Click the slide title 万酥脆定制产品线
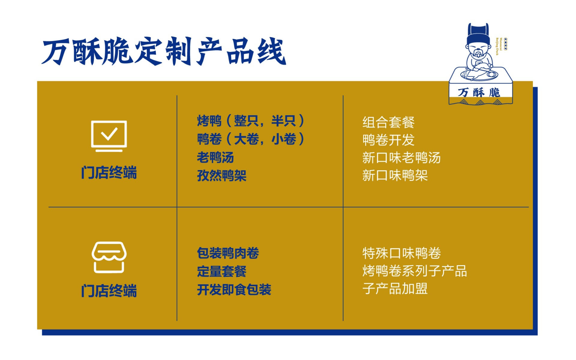pyautogui.click(x=164, y=52)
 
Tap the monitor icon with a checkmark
pyautogui.click(x=109, y=136)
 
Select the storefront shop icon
pyautogui.click(x=109, y=257)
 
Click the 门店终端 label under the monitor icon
pyautogui.click(x=109, y=173)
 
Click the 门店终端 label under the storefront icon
pyautogui.click(x=109, y=291)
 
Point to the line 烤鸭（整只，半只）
pyautogui.click(x=251, y=121)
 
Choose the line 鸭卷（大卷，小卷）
pyautogui.click(x=251, y=139)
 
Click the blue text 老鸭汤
pyautogui.click(x=215, y=157)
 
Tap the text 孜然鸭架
pyautogui.click(x=222, y=176)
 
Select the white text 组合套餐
pyautogui.click(x=388, y=122)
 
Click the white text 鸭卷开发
pyautogui.click(x=388, y=140)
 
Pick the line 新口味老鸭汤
pyautogui.click(x=401, y=158)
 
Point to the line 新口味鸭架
pyautogui.click(x=395, y=175)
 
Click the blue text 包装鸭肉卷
pyautogui.click(x=228, y=253)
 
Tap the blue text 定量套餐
pyautogui.click(x=222, y=271)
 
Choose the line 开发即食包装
pyautogui.click(x=234, y=290)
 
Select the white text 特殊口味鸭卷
pyautogui.click(x=401, y=253)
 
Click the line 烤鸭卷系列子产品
pyautogui.click(x=415, y=271)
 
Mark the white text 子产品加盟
pyautogui.click(x=395, y=289)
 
